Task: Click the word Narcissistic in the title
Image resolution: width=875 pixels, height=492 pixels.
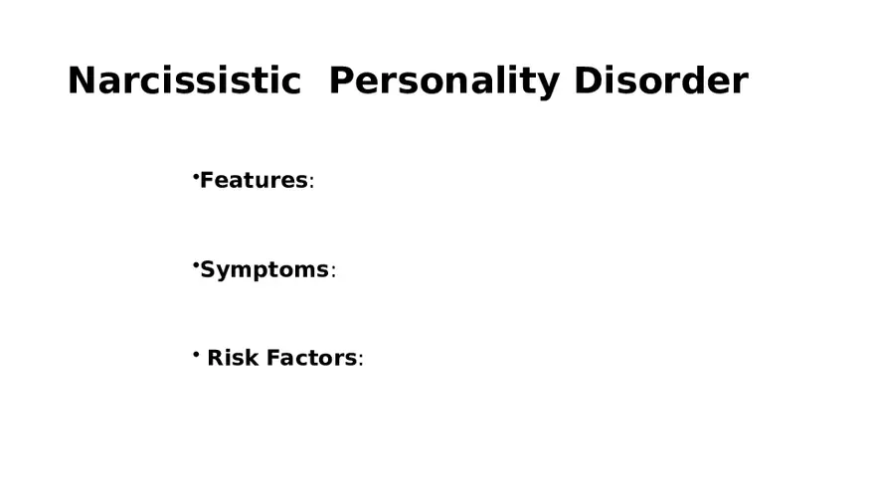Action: (184, 81)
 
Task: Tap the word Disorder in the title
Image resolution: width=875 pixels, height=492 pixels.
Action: (660, 81)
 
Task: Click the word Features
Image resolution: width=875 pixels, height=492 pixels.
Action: (254, 181)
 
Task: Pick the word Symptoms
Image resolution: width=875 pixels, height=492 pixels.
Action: (264, 270)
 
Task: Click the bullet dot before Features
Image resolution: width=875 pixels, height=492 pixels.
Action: (196, 176)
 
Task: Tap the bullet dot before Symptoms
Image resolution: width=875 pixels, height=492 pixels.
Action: (196, 265)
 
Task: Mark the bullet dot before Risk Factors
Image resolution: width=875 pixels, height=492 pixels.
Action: (196, 353)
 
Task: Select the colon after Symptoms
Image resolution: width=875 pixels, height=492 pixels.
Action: (333, 272)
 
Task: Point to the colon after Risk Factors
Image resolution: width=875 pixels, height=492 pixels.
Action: (361, 361)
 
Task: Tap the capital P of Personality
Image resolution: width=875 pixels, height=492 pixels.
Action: (341, 81)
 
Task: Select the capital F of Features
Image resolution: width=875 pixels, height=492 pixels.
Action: (207, 181)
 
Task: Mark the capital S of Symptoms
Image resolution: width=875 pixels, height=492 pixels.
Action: (209, 269)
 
